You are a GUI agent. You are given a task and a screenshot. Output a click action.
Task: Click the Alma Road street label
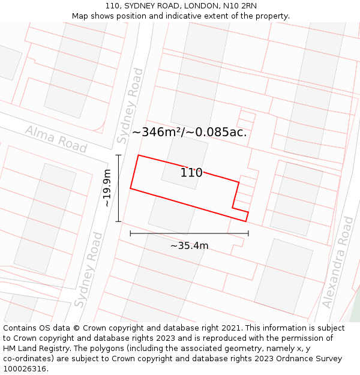click(x=56, y=139)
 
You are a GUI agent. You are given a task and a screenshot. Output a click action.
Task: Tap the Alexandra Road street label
click(x=338, y=262)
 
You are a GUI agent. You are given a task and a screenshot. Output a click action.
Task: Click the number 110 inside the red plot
click(x=191, y=173)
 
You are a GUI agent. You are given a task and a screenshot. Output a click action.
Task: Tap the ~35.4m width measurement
click(x=189, y=245)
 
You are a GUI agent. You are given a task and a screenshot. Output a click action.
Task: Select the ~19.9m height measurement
click(x=107, y=188)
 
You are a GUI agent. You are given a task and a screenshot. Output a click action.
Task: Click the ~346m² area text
click(x=157, y=132)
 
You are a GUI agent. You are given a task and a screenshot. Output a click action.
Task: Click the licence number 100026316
click(x=25, y=369)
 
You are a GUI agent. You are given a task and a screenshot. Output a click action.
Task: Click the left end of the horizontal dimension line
click(x=130, y=233)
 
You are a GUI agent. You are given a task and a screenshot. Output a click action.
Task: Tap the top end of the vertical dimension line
click(x=118, y=155)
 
